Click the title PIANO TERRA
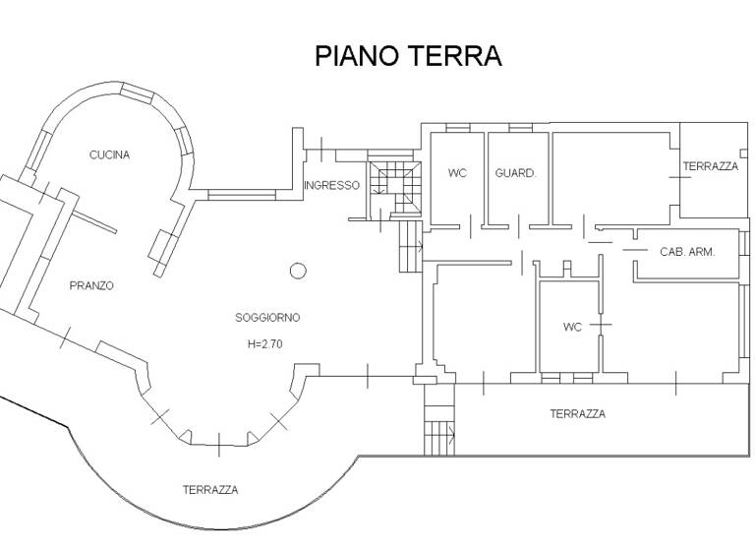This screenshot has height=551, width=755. pyautogui.click(x=408, y=56)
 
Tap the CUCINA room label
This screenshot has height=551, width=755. pyautogui.click(x=109, y=154)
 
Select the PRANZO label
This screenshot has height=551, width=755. pyautogui.click(x=91, y=286)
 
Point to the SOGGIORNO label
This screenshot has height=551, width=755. pyautogui.click(x=267, y=318)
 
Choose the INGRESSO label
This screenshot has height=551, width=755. pyautogui.click(x=331, y=185)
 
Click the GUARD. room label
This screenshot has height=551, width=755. pyautogui.click(x=515, y=173)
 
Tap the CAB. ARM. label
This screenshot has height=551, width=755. pyautogui.click(x=686, y=252)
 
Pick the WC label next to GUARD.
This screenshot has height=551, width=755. pyautogui.click(x=457, y=173)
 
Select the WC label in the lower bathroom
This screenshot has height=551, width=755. pyautogui.click(x=572, y=327)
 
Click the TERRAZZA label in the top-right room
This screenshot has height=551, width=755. pyautogui.click(x=711, y=166)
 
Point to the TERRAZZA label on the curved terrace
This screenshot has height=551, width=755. pyautogui.click(x=210, y=489)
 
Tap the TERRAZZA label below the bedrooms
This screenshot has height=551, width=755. pyautogui.click(x=577, y=414)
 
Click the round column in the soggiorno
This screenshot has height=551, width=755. pyautogui.click(x=299, y=271)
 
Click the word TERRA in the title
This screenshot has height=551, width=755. pyautogui.click(x=455, y=56)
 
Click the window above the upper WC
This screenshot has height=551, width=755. pyautogui.click(x=457, y=128)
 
